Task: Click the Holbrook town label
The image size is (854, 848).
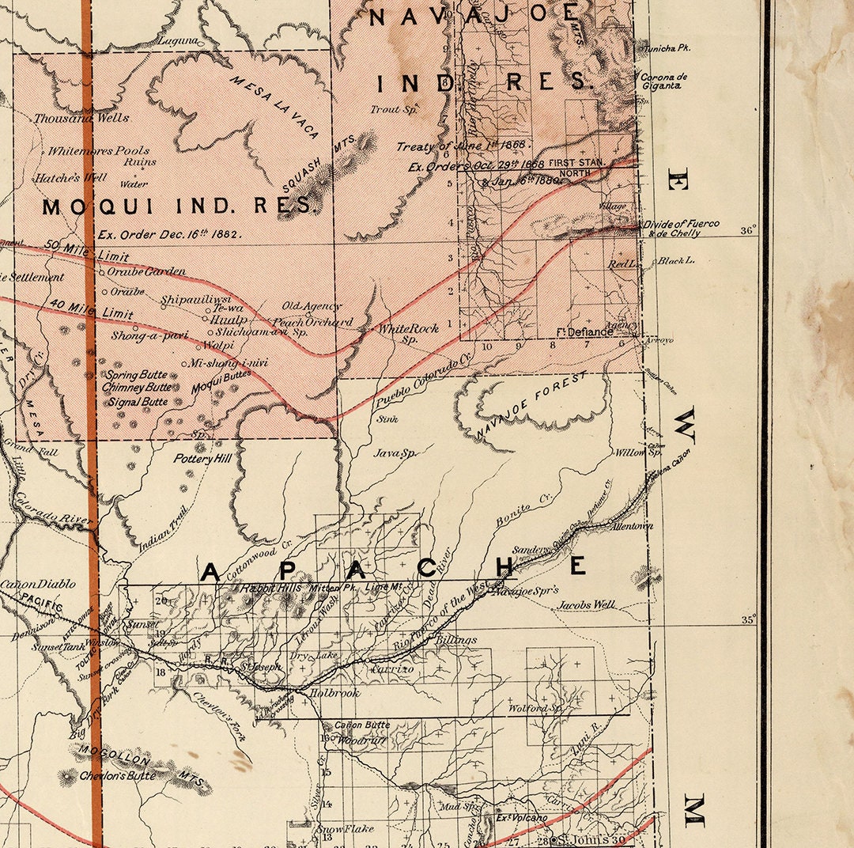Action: (334, 694)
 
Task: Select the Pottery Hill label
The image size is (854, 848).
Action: (205, 459)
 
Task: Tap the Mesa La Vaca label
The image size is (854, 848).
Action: (274, 107)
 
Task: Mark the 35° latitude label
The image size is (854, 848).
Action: (748, 619)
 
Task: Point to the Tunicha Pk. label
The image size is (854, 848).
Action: (667, 48)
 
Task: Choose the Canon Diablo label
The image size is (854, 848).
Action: (38, 584)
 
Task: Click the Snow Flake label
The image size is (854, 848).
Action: (345, 830)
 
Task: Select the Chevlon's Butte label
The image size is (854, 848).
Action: (117, 777)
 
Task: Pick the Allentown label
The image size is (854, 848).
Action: (619, 526)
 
